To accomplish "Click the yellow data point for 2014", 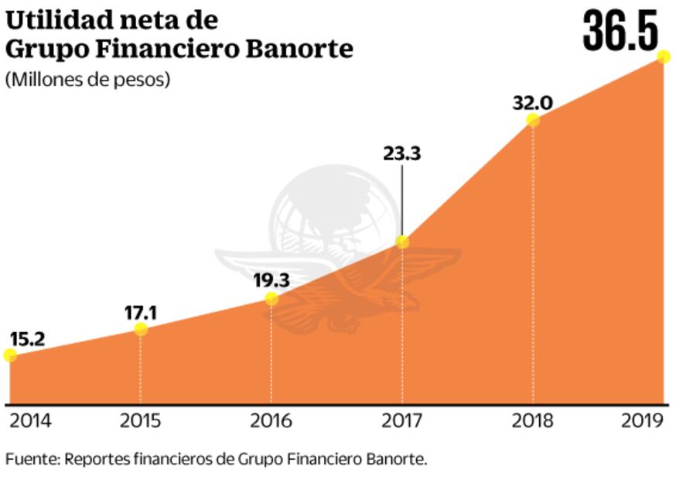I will pos(10,355).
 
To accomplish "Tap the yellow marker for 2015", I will pos(141,329).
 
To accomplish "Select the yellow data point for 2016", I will pos(271,298).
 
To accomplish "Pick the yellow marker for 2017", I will pos(402,242).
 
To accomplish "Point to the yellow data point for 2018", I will pos(533,119).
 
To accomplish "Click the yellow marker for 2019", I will pos(663,56).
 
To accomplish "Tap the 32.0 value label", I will pos(532,102).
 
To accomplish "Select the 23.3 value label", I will pos(401,153).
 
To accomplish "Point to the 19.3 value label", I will pos(271,280).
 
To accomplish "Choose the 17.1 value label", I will pos(141,312).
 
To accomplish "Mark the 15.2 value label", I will pos(27,338).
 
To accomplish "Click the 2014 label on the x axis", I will pos(30,420).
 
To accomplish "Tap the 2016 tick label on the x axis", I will pos(271,420).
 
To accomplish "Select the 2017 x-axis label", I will pos(402,420).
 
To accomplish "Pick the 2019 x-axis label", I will pos(643,420).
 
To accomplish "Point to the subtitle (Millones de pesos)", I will pos(87,79).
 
